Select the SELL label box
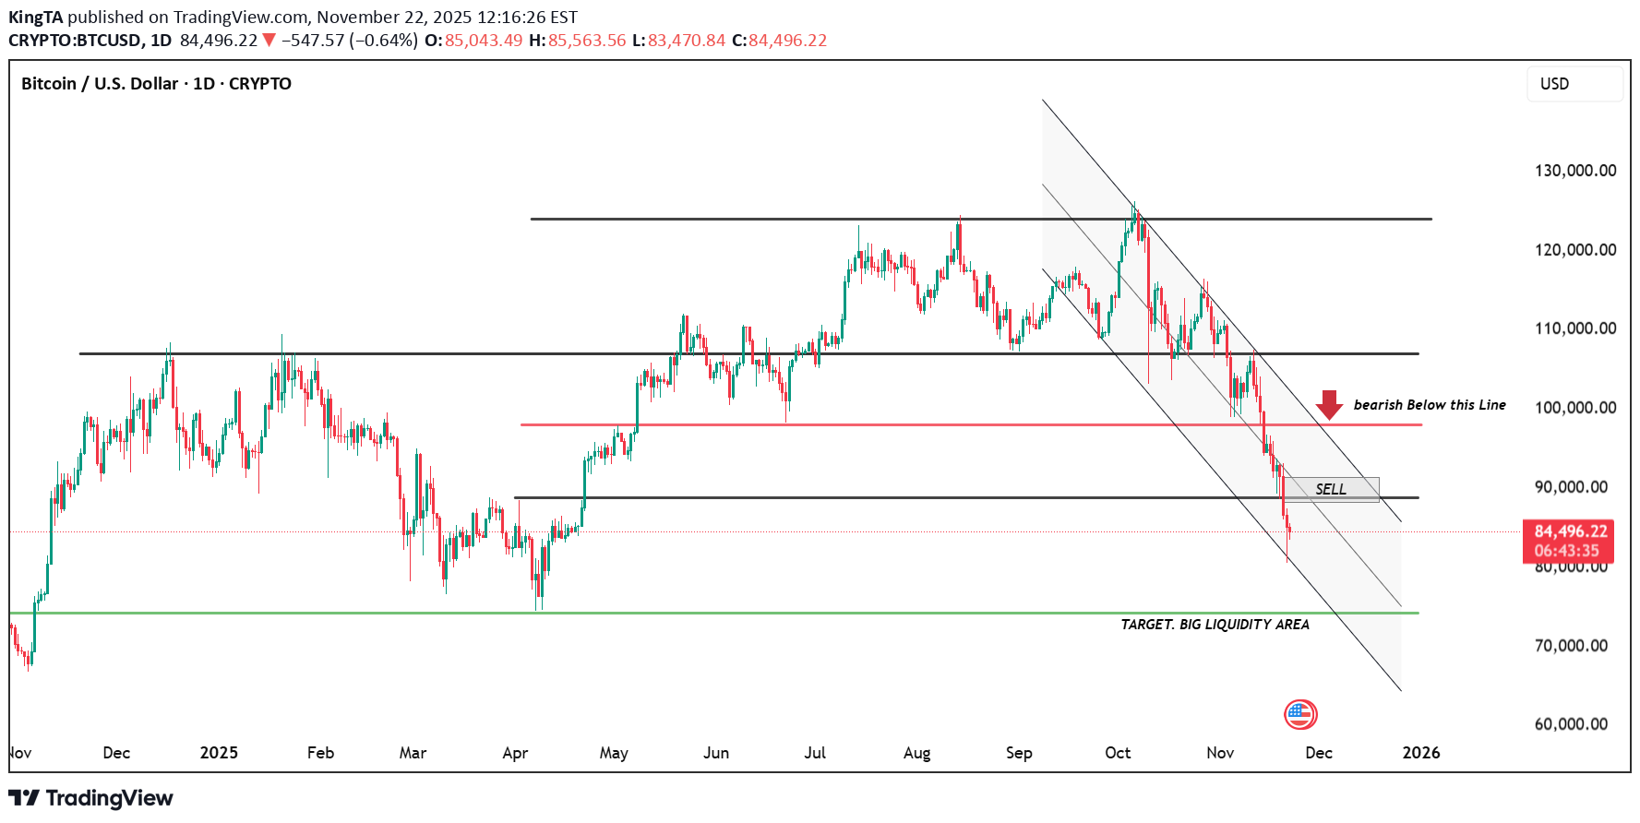tap(1331, 489)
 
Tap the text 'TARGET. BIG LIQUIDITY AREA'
tap(1215, 625)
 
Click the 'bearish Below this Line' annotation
tap(1429, 405)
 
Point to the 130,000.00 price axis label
tap(1574, 171)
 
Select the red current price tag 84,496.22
tap(1570, 531)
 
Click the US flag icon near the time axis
tap(1299, 714)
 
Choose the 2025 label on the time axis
tap(219, 753)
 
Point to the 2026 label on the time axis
tap(1420, 753)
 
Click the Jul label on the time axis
tap(815, 753)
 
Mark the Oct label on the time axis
tap(1118, 753)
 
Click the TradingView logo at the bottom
tap(90, 798)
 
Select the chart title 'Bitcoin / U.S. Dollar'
tap(100, 84)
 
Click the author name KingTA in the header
tap(35, 18)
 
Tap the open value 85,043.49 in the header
tap(484, 41)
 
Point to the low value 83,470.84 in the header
tap(687, 41)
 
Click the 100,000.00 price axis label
tap(1574, 408)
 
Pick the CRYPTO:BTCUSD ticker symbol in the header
tap(75, 41)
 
